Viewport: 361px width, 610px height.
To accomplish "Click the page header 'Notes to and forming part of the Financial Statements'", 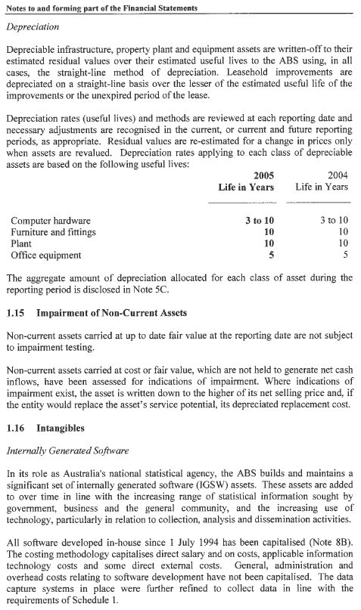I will (x=101, y=8).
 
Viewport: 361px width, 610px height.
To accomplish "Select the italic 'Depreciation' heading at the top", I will (x=36, y=26).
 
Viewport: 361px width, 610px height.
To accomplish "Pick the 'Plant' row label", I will (x=21, y=243).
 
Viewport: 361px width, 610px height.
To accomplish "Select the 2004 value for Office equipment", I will (x=345, y=255).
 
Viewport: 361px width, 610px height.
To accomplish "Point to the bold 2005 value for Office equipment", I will (x=270, y=255).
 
